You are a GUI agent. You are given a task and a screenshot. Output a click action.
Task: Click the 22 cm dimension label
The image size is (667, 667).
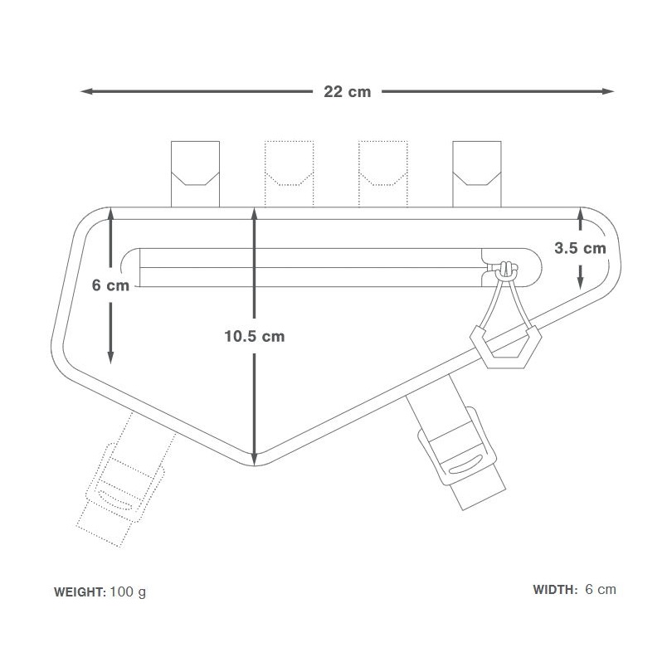tap(347, 91)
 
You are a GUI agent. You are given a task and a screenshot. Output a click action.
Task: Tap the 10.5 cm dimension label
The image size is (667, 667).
tap(255, 337)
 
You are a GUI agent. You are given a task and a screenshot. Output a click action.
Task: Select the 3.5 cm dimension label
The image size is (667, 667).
tap(580, 248)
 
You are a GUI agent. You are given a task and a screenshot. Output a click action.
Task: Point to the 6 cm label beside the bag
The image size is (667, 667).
tap(110, 285)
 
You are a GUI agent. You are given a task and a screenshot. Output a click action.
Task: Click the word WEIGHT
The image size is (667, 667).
tap(80, 592)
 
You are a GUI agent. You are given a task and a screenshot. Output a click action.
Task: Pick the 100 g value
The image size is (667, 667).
tap(128, 592)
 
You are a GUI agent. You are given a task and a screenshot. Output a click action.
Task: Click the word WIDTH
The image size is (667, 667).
tap(555, 590)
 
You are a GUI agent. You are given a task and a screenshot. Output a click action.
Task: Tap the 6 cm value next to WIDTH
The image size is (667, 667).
tap(601, 589)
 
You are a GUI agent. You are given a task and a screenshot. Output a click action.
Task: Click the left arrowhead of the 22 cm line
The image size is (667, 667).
tap(86, 91)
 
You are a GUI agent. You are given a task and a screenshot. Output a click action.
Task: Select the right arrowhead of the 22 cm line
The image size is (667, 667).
tap(608, 91)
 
